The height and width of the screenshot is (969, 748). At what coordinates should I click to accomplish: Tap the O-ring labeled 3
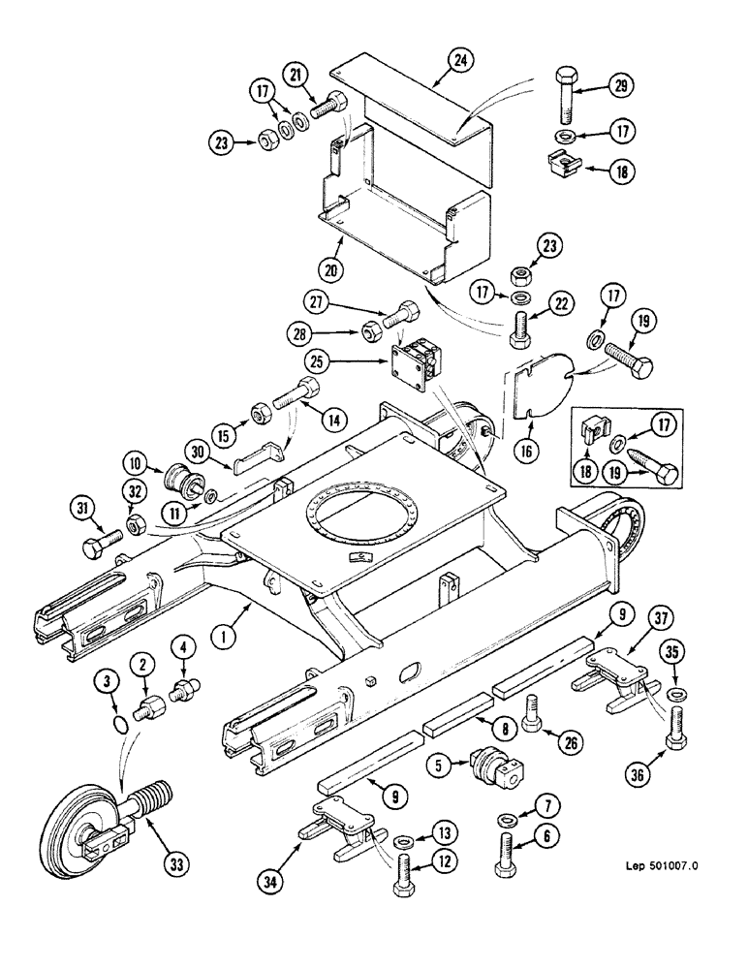(118, 725)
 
